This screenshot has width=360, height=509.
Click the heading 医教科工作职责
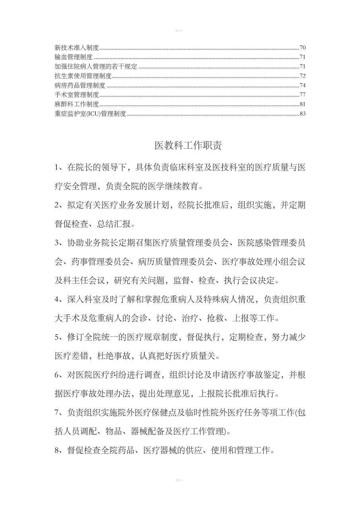[x=188, y=146]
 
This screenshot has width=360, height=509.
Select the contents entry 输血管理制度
[x=74, y=57]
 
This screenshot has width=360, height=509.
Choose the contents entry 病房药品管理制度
[x=80, y=85]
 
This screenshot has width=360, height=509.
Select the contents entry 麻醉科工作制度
[x=76, y=104]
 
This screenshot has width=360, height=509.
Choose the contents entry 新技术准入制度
[x=76, y=48]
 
